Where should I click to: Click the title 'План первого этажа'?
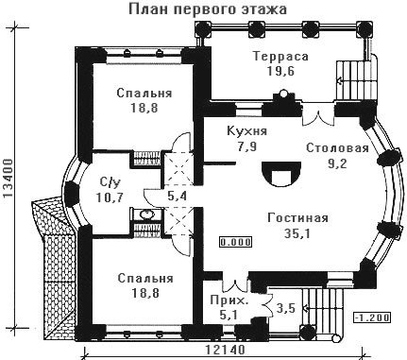(x=208, y=9)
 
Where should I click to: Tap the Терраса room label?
(x=280, y=57)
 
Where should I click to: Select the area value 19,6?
(x=280, y=71)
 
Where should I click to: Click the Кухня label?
(x=247, y=130)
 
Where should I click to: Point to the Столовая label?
(x=337, y=148)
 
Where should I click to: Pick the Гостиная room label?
(x=297, y=218)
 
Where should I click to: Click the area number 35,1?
(x=297, y=233)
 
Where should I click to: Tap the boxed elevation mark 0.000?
(x=236, y=242)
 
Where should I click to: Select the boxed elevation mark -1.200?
(x=372, y=317)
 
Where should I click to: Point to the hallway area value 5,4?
(x=178, y=197)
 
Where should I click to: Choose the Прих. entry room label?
(x=229, y=300)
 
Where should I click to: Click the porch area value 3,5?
(x=286, y=308)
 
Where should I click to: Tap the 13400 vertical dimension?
(x=8, y=179)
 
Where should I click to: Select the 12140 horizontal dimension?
(x=225, y=351)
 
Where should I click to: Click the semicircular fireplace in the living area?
(x=281, y=174)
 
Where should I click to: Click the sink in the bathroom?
(x=146, y=214)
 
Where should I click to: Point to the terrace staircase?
(x=356, y=79)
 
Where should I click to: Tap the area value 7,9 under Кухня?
(x=247, y=146)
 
